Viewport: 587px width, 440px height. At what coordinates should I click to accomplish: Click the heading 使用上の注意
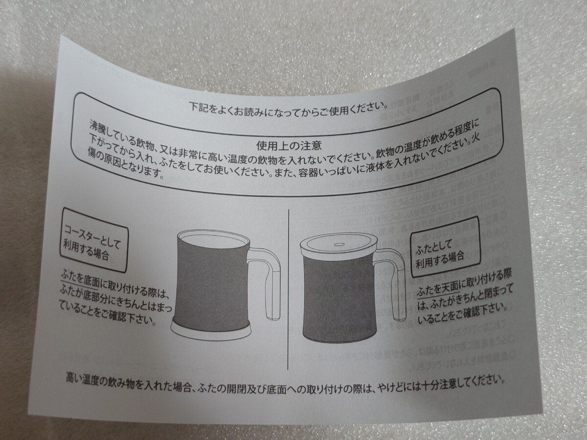(x=289, y=145)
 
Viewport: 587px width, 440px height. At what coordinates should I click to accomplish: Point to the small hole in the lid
(x=339, y=243)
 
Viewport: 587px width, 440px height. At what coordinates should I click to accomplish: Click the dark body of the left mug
(x=210, y=284)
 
